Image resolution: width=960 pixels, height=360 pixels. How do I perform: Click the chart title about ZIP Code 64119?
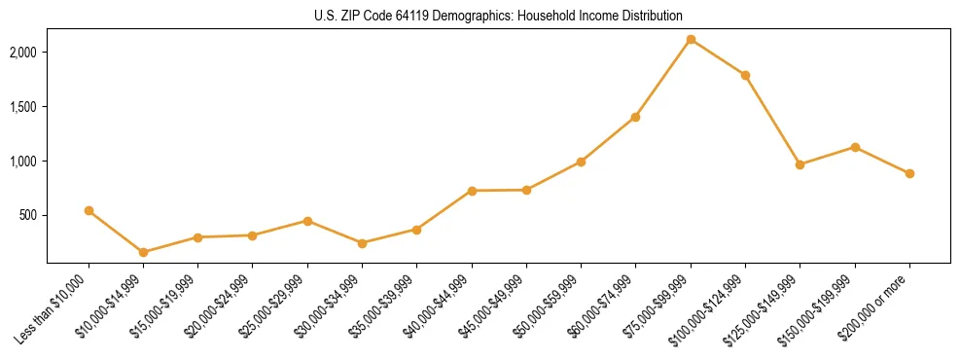coord(498,16)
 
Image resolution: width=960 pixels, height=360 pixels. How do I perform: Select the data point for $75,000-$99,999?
coord(691,39)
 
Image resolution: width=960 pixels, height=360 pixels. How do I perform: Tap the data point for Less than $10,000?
coord(89,210)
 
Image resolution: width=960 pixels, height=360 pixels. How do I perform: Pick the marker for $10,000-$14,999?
coord(144,252)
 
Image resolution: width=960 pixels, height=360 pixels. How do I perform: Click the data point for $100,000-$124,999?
coord(745,75)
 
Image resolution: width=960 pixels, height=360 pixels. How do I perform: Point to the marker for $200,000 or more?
coord(909,173)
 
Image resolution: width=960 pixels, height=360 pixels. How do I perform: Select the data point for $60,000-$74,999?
coord(635,117)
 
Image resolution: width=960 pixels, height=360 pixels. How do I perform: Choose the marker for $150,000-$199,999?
coord(855,147)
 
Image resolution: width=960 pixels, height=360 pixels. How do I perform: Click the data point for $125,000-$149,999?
coord(800,164)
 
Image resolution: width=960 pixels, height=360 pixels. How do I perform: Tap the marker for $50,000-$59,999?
coord(581,162)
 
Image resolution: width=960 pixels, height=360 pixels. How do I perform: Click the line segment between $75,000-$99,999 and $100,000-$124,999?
coord(718,56)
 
